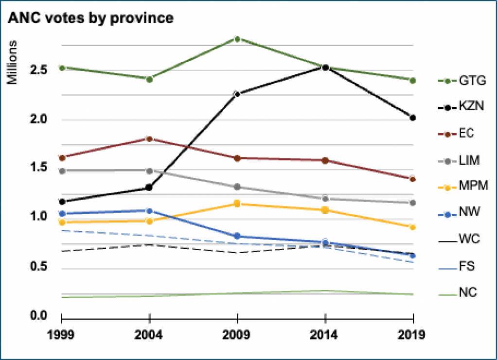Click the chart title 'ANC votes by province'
point(90,17)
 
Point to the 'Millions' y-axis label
point(12,62)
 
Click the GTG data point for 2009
point(237,39)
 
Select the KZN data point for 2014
point(325,68)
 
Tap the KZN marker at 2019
point(413,118)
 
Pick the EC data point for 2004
point(150,138)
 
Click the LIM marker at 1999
point(62,171)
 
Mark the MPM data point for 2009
point(237,204)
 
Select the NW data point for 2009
point(237,236)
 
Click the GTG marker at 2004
point(150,80)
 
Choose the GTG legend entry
point(462,81)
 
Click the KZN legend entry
point(461,107)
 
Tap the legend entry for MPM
point(463,186)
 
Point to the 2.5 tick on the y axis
point(38,70)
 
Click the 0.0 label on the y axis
point(38,316)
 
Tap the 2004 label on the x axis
point(149,335)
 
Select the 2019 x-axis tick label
point(411,335)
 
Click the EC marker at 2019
point(413,179)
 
